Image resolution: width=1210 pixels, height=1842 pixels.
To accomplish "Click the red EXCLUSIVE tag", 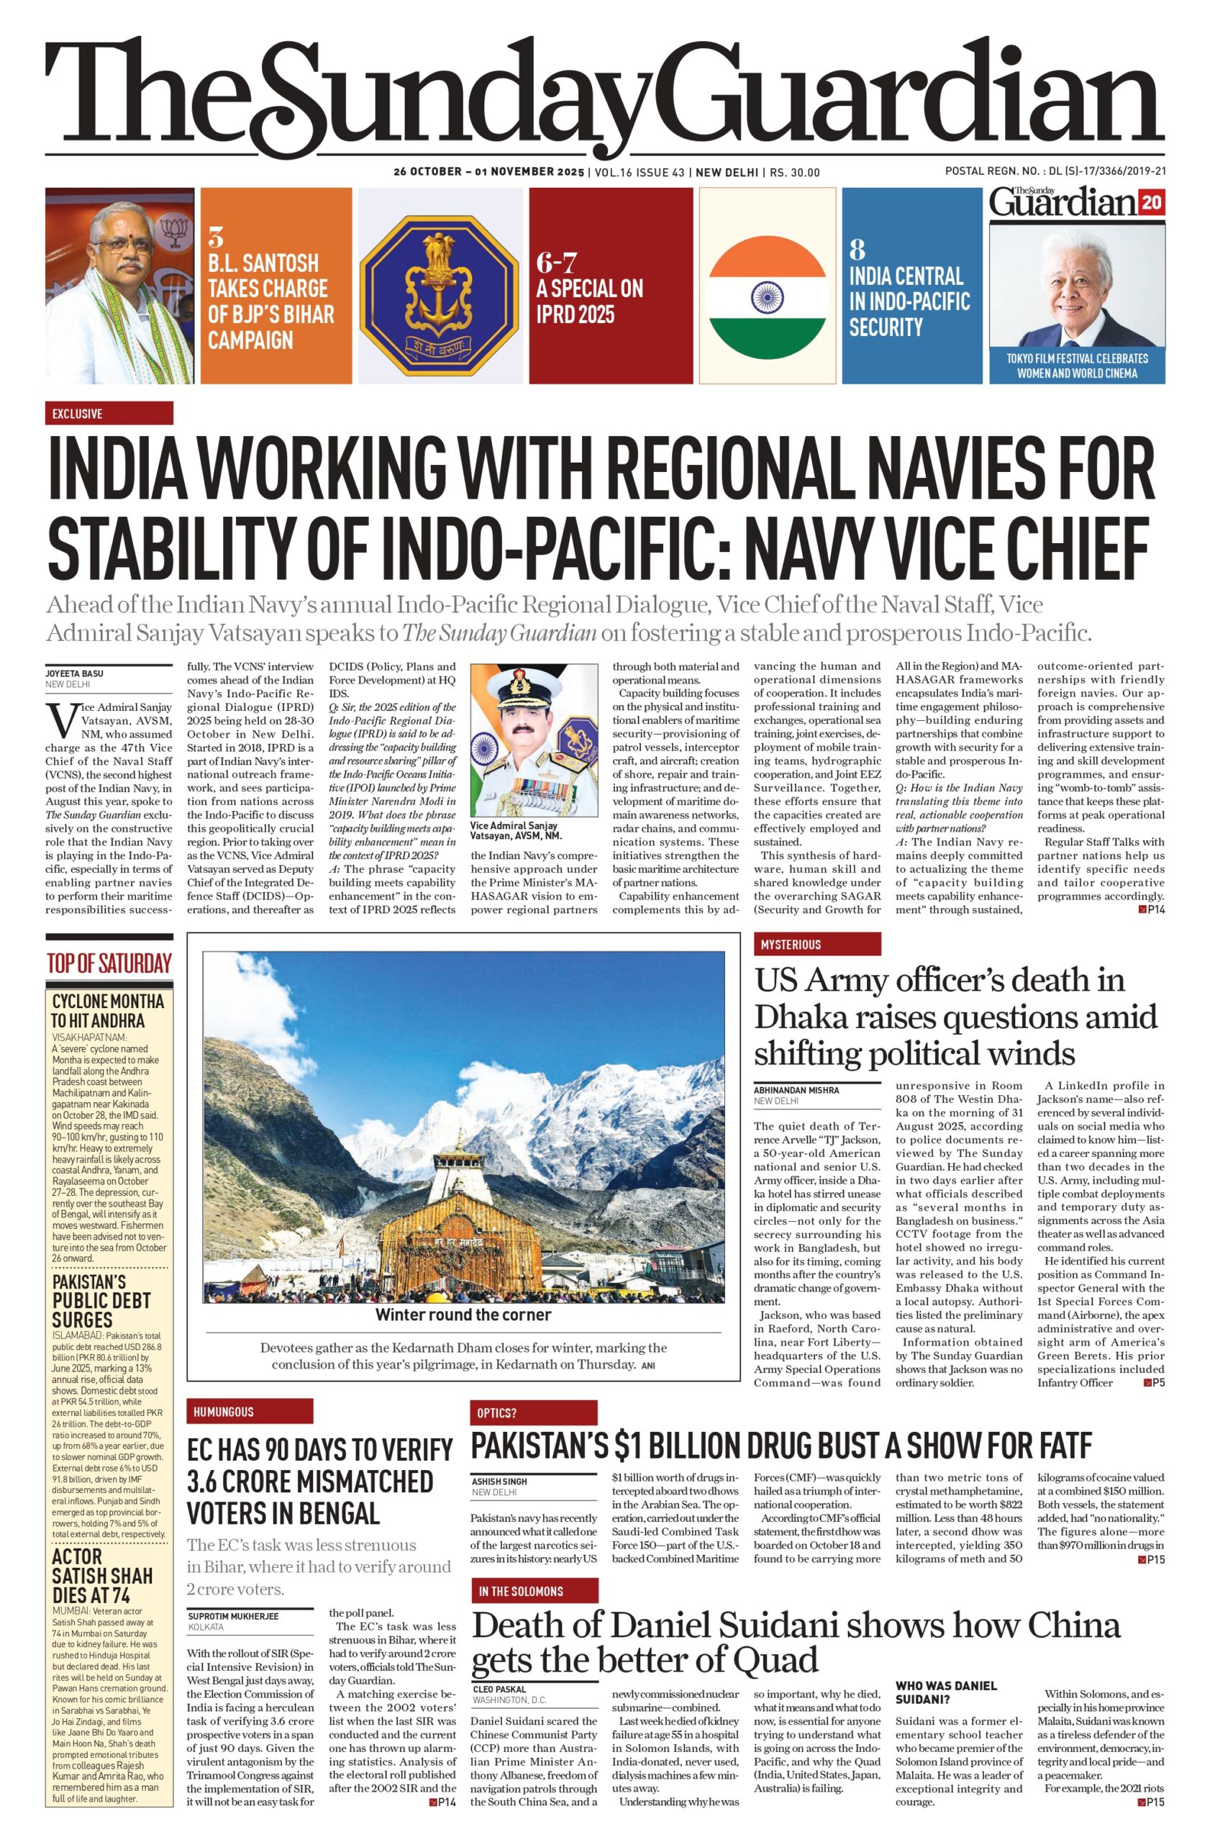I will (x=109, y=413).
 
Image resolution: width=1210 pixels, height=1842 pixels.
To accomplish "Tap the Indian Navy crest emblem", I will (x=439, y=286).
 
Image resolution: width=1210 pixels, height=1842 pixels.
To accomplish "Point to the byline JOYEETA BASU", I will (x=74, y=673).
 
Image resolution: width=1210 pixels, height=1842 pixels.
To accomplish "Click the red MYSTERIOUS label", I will (x=817, y=944).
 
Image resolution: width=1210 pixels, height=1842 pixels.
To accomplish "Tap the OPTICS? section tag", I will (x=534, y=1412).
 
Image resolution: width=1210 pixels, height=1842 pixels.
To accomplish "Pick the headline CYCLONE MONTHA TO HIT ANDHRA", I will (x=107, y=1011).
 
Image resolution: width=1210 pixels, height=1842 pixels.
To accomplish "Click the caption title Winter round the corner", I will (x=463, y=1315).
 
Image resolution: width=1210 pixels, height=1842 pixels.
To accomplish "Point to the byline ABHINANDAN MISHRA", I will (x=796, y=1089).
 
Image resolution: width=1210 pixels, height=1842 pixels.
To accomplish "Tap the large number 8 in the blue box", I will (x=857, y=249).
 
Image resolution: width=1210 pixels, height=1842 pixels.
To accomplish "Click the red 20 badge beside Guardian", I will (x=1151, y=203).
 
